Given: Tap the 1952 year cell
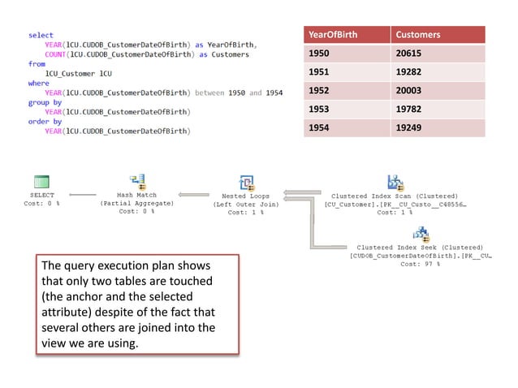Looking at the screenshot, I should click(x=321, y=91).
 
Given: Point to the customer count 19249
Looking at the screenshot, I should click(x=409, y=128).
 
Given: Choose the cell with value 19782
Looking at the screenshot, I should click(x=409, y=110).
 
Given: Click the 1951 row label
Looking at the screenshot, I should click(x=321, y=72).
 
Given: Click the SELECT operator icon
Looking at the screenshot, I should click(x=42, y=182).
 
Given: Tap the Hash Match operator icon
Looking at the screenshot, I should click(x=137, y=182).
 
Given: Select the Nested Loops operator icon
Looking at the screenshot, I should click(x=247, y=182).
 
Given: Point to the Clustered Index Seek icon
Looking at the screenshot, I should click(x=420, y=235).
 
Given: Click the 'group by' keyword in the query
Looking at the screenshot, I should click(x=45, y=102).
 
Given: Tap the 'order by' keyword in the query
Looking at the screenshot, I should click(x=45, y=121).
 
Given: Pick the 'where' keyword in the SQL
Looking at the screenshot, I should click(x=39, y=83).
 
